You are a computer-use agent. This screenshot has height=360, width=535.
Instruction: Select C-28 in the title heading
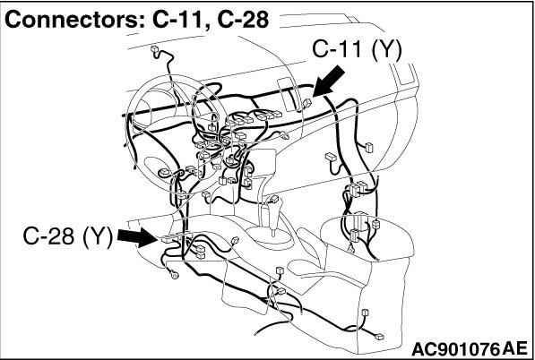[243, 20]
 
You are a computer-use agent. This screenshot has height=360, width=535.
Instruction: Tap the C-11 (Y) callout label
[357, 50]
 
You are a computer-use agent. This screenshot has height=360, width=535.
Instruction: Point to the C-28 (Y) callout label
[67, 236]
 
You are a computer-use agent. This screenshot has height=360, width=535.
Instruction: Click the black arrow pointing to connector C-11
[329, 81]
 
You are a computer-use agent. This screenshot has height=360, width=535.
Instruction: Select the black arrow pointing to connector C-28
[137, 237]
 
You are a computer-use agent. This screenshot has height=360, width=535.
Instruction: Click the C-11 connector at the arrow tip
[307, 102]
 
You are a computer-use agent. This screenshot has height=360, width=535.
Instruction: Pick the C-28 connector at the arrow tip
[167, 239]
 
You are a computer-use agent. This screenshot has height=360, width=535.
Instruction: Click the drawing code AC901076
[456, 349]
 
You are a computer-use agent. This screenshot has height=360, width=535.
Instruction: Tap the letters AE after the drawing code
[515, 348]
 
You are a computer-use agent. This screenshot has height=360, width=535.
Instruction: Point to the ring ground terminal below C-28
[174, 273]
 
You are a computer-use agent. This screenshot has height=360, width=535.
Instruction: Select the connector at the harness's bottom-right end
[379, 337]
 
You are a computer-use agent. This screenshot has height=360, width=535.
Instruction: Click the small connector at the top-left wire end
[154, 50]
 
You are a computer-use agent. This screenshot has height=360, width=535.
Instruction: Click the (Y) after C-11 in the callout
[386, 51]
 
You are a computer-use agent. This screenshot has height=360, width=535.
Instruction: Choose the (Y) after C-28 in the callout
[98, 236]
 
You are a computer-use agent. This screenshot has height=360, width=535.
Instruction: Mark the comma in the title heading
[208, 27]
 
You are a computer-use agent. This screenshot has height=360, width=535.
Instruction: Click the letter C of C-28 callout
[30, 236]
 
